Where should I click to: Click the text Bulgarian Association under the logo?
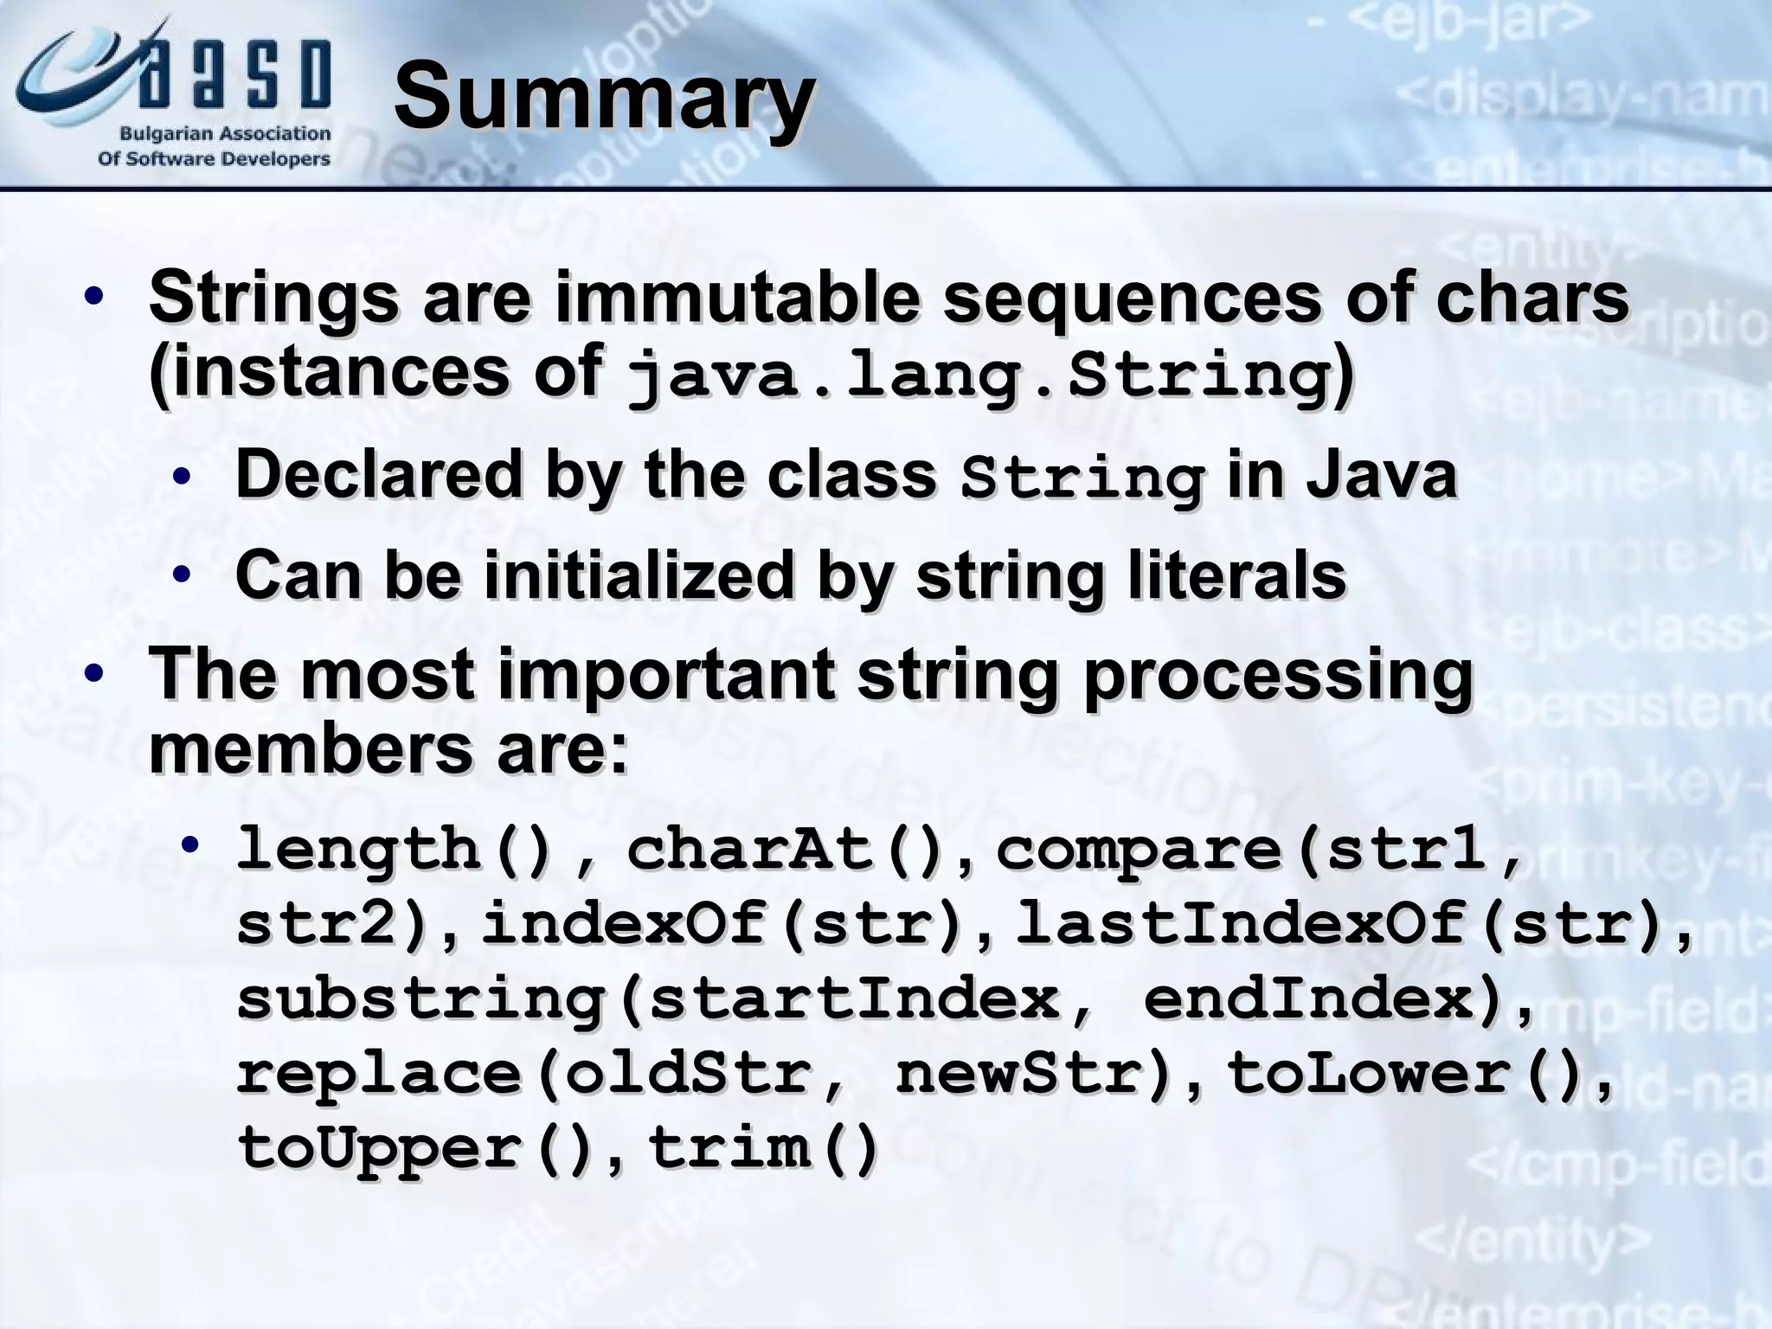225,134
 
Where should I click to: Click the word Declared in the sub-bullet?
379,475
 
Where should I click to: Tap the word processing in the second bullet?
1277,676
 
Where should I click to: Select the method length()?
395,850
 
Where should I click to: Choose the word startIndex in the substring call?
852,999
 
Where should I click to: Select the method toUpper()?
419,1148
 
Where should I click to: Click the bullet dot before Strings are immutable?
94,299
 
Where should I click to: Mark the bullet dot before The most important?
94,674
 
